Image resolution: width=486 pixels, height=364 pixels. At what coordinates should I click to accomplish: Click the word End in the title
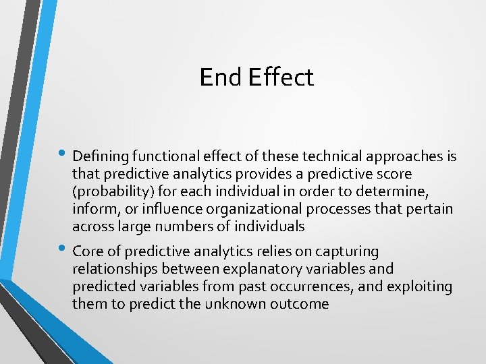[221, 78]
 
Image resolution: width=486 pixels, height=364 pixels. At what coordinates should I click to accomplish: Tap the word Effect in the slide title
[281, 78]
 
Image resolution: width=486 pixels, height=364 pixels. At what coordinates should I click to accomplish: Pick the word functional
[163, 157]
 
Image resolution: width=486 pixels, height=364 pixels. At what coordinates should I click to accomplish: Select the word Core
[88, 252]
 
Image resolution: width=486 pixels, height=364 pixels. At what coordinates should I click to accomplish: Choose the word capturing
[346, 252]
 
